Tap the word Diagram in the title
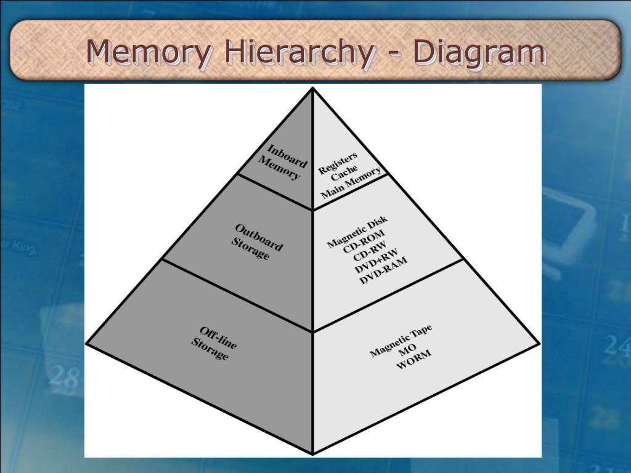479,52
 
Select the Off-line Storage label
213,344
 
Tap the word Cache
344,173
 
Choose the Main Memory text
351,183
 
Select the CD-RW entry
370,253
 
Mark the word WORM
413,360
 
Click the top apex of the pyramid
313,89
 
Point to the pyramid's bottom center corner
313,453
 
